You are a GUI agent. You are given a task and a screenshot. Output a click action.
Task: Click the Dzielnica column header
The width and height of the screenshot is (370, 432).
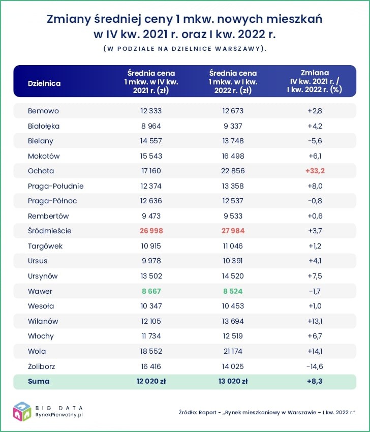pyautogui.click(x=44, y=83)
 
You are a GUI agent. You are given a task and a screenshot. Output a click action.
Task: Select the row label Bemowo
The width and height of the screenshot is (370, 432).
pyautogui.click(x=44, y=111)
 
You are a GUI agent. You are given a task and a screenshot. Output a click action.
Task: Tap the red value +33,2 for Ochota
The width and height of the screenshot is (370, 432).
pyautogui.click(x=315, y=171)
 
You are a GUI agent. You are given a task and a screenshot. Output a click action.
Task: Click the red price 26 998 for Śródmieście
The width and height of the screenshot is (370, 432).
pyautogui.click(x=151, y=231)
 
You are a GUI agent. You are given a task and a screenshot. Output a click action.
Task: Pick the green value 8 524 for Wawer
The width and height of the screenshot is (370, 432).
pyautogui.click(x=233, y=291)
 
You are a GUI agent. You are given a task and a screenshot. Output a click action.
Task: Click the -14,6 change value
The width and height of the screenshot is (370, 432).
pyautogui.click(x=315, y=366)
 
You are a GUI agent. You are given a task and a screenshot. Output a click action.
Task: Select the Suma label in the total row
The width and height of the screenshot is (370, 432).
pyautogui.click(x=39, y=381)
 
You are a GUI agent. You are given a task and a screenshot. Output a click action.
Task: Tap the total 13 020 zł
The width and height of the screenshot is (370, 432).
pyautogui.click(x=233, y=381)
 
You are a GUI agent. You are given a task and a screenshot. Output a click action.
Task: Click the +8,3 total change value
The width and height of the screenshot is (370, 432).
pyautogui.click(x=315, y=381)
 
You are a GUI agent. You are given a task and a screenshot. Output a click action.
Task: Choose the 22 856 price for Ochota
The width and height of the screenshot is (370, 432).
pyautogui.click(x=233, y=171)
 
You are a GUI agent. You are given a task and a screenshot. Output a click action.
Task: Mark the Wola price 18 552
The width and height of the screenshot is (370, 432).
pyautogui.click(x=151, y=351)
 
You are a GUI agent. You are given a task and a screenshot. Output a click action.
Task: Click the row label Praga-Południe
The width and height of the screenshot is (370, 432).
pyautogui.click(x=56, y=186)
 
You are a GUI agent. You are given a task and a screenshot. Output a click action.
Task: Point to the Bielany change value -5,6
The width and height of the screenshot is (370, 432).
pyautogui.click(x=315, y=141)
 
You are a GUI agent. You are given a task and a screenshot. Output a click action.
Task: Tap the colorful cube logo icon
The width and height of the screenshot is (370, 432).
pyautogui.click(x=22, y=411)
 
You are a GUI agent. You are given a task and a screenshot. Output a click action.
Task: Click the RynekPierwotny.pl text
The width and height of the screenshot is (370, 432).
pyautogui.click(x=59, y=415)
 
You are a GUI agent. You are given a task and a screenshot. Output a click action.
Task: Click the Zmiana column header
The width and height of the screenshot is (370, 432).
pyautogui.click(x=315, y=81)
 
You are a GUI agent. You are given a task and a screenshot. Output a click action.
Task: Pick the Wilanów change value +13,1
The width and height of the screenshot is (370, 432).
pyautogui.click(x=315, y=321)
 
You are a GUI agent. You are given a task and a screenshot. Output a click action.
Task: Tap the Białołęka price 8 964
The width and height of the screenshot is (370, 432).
pyautogui.click(x=151, y=126)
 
